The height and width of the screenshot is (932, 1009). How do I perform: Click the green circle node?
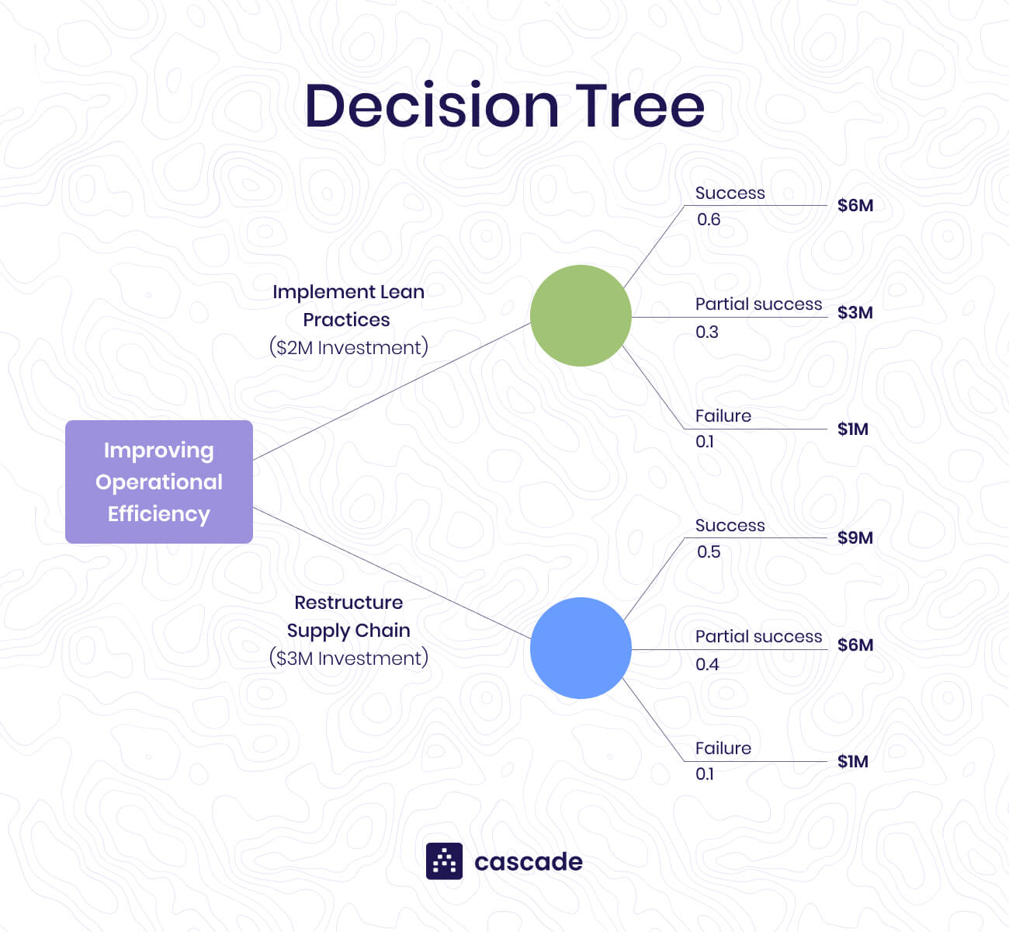[x=581, y=315]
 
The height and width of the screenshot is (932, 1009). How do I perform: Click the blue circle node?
[x=581, y=648]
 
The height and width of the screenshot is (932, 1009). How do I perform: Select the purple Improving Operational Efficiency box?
[x=159, y=482]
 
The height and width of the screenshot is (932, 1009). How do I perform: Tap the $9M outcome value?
[x=855, y=537]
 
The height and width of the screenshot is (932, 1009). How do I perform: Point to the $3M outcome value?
[x=855, y=312]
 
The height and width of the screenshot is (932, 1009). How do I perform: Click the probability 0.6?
[x=708, y=219]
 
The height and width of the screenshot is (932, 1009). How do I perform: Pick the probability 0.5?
[x=708, y=551]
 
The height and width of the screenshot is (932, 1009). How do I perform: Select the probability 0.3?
[x=706, y=332]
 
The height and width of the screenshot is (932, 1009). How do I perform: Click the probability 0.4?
[x=706, y=664]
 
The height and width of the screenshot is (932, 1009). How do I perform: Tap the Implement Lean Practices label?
[x=348, y=305]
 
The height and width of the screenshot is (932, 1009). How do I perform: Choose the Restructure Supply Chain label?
[x=348, y=616]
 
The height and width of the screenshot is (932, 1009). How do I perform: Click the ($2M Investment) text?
[x=348, y=347]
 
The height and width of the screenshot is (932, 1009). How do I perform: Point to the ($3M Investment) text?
[x=348, y=658]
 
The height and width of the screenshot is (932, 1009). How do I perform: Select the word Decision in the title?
[x=431, y=106]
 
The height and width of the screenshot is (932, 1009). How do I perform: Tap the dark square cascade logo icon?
[x=444, y=861]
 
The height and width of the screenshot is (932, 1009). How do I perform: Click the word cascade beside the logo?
[x=528, y=861]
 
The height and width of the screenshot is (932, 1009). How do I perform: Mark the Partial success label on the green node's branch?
[x=758, y=304]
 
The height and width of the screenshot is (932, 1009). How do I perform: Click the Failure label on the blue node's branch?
[x=723, y=748]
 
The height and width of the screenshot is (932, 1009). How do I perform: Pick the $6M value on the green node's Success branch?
[x=855, y=205]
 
